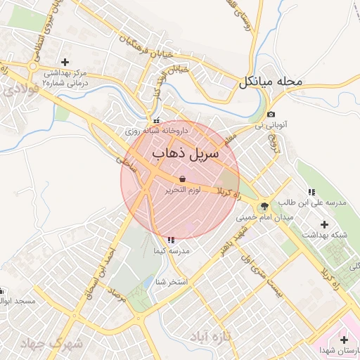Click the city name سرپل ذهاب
click(x=185, y=153)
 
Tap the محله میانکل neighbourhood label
click(x=270, y=82)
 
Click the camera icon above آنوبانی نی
click(x=271, y=115)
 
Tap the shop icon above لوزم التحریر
click(x=183, y=179)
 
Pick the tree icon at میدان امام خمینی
click(x=264, y=206)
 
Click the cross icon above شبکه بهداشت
click(x=325, y=224)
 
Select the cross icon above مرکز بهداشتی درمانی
click(x=65, y=63)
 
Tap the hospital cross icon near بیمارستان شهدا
click(x=344, y=340)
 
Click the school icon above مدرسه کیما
click(x=172, y=240)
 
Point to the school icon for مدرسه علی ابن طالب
click(x=311, y=191)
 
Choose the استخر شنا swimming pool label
click(x=171, y=282)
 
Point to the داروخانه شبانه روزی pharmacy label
click(x=157, y=130)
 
